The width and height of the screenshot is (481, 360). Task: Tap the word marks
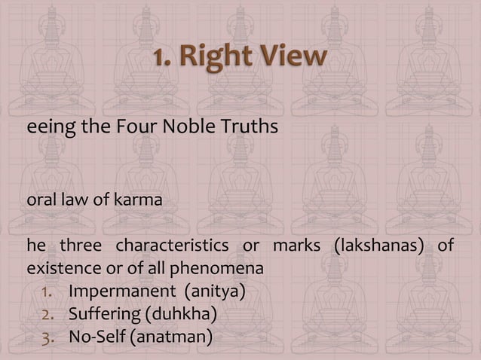tap(289, 246)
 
